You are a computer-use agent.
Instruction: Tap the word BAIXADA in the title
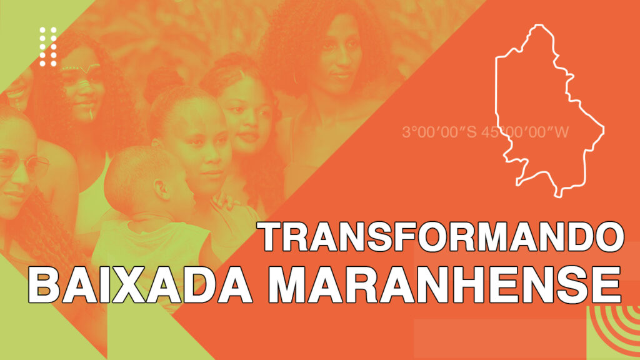140,284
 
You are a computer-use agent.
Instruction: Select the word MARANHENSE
445,284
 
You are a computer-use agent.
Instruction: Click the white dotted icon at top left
48,46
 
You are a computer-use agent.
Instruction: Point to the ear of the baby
162,190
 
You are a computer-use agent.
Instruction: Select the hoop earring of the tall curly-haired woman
295,77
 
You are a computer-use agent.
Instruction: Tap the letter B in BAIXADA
44,284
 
